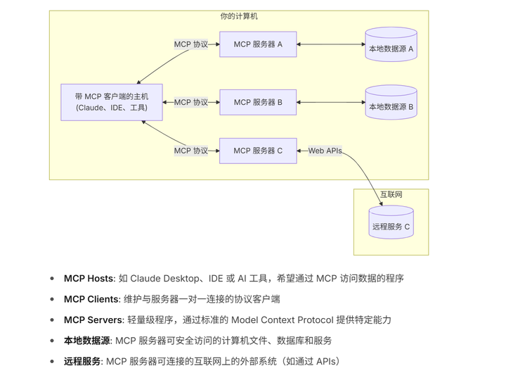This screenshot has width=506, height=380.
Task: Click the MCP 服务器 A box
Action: (258, 44)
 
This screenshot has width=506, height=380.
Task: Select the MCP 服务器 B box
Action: (258, 102)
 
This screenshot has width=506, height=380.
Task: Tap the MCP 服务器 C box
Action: (258, 151)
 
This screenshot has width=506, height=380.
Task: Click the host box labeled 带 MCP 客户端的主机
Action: (112, 102)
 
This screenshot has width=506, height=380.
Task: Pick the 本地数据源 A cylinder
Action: (391, 45)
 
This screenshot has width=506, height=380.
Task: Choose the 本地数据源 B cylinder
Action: (391, 103)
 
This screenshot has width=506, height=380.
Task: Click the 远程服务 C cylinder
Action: (391, 223)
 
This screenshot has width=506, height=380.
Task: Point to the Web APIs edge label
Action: (325, 151)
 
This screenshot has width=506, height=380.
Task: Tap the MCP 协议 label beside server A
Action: (191, 44)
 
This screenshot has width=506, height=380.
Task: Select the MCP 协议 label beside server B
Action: (191, 102)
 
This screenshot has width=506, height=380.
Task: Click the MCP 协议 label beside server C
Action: (191, 151)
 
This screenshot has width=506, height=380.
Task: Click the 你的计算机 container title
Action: (239, 16)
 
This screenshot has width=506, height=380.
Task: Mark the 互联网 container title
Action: (391, 194)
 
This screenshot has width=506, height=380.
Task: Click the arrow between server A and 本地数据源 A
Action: (330, 44)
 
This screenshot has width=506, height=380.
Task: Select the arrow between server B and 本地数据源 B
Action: (330, 102)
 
